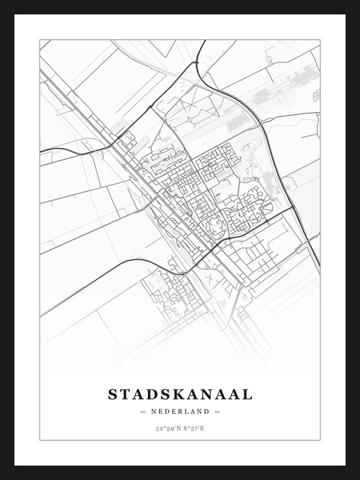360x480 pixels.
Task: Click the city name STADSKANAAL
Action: (x=180, y=394)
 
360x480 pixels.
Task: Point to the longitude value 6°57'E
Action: (x=193, y=427)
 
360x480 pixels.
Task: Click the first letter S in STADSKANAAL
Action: (x=113, y=394)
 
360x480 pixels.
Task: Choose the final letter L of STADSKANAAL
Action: (x=247, y=394)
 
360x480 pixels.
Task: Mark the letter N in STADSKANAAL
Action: (x=212, y=394)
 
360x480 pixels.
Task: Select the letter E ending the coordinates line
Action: (x=203, y=427)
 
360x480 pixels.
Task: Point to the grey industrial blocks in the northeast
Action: (x=270, y=96)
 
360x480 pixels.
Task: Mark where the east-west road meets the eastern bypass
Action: (x=291, y=209)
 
